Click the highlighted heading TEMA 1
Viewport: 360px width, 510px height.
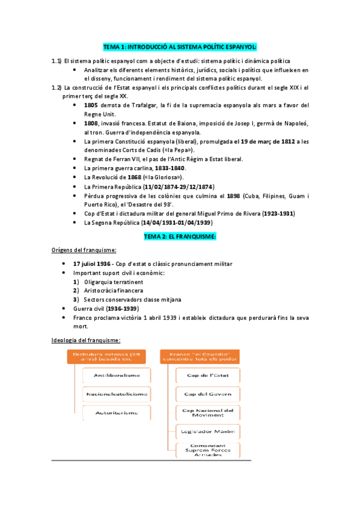coord(180,46)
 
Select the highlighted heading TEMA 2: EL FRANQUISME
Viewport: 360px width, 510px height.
coord(180,236)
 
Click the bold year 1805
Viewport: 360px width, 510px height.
coord(91,105)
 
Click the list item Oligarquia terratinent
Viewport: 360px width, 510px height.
coord(113,281)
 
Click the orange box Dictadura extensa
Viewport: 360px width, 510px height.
coord(106,357)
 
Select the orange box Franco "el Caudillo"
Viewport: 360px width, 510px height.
coord(200,357)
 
